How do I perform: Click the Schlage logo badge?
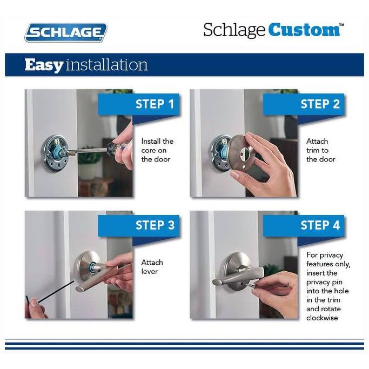65,32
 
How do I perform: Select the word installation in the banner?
106,65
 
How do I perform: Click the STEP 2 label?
320,104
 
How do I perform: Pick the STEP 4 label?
320,225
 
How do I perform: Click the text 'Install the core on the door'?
157,150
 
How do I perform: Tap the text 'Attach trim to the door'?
320,150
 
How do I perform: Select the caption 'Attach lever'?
152,267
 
